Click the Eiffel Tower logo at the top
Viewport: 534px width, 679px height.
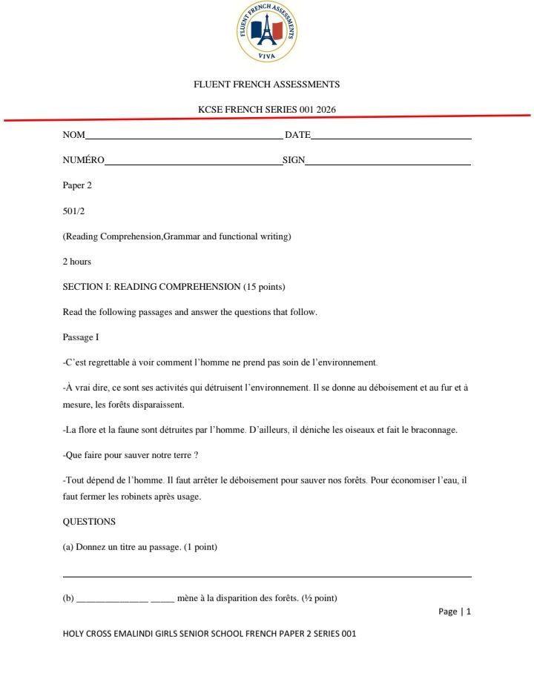coord(267,31)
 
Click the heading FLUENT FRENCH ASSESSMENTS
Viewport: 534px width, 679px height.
coord(266,85)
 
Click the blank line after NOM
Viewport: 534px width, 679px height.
coord(183,139)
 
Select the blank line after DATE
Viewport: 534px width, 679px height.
coord(391,139)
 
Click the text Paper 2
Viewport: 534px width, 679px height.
coord(77,185)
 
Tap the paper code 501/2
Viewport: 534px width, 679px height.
coord(74,211)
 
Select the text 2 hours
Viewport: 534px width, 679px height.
coord(77,262)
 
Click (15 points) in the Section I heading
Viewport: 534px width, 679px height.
coord(265,287)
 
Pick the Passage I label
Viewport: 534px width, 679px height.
coord(81,337)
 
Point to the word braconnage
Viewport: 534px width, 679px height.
coord(432,430)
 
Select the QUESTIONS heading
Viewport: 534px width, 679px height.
coord(89,522)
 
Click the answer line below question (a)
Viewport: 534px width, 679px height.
coord(267,576)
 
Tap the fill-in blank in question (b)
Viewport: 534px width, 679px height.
coord(125,599)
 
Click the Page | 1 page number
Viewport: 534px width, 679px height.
coord(455,612)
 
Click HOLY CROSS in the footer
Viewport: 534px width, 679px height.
coord(87,634)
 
